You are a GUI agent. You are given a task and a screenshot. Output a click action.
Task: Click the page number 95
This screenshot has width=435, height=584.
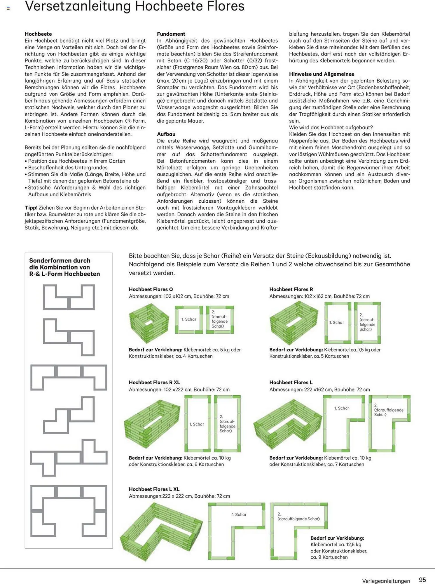pyautogui.click(x=422, y=580)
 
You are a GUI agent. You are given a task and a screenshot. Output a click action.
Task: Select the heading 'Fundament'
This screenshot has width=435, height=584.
pyautogui.click(x=171, y=34)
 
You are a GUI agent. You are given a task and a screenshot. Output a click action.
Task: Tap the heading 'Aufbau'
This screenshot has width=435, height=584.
pyautogui.click(x=166, y=134)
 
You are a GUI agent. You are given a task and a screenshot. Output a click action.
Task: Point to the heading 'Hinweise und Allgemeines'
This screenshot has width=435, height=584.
pyautogui.click(x=322, y=74)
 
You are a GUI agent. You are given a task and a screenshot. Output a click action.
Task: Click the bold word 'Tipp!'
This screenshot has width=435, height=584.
pyautogui.click(x=31, y=208)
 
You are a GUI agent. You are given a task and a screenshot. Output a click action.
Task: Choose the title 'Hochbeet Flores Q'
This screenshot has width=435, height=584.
pyautogui.click(x=151, y=289)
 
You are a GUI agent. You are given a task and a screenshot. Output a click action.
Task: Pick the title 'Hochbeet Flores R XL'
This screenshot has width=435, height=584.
pyautogui.click(x=154, y=382)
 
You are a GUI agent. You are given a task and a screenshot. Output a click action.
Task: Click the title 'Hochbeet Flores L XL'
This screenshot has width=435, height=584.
pyautogui.click(x=154, y=489)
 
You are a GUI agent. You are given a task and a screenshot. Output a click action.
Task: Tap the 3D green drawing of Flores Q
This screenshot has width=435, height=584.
pyautogui.click(x=149, y=323)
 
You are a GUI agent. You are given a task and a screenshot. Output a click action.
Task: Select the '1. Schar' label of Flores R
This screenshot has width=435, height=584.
pyautogui.click(x=337, y=322)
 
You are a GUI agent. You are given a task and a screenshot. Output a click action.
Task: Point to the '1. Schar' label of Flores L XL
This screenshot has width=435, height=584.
pyautogui.click(x=239, y=515)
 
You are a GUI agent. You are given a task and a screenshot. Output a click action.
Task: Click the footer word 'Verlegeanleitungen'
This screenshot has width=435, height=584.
pyautogui.click(x=386, y=581)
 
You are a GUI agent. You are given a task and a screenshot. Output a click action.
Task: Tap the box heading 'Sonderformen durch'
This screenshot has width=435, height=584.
pyautogui.click(x=60, y=260)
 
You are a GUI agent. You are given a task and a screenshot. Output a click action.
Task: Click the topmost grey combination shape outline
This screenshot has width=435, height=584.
pyautogui.click(x=69, y=297)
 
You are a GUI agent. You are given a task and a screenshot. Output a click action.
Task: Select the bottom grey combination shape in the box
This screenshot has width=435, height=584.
pyautogui.click(x=69, y=511)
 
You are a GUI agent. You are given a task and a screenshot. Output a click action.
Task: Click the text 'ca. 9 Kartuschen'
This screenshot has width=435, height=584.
pyautogui.click(x=329, y=557)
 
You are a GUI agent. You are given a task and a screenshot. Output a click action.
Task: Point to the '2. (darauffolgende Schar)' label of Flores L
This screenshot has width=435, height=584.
pyautogui.click(x=389, y=410)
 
